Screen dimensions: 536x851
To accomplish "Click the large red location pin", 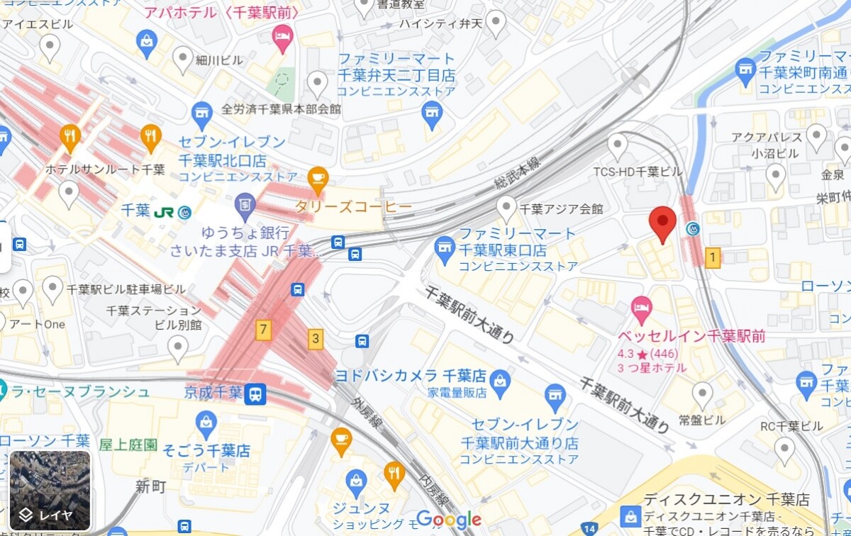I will (662, 223).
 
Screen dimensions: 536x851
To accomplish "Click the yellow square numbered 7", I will (264, 329).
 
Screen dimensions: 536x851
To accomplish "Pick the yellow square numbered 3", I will (316, 339).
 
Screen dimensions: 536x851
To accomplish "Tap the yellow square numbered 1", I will (713, 257).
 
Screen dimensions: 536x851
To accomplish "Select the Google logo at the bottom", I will (450, 519).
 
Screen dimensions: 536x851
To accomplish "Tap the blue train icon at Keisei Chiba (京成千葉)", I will (255, 393).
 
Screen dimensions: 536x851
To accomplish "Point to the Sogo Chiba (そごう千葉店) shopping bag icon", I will (206, 424).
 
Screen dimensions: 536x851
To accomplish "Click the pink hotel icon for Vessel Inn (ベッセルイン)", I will (641, 308).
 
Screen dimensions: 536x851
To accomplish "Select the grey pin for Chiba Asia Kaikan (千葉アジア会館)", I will (506, 207).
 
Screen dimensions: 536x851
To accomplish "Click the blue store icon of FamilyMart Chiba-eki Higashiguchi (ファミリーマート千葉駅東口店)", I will (444, 247).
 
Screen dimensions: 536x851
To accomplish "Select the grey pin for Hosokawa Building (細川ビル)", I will (184, 58).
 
